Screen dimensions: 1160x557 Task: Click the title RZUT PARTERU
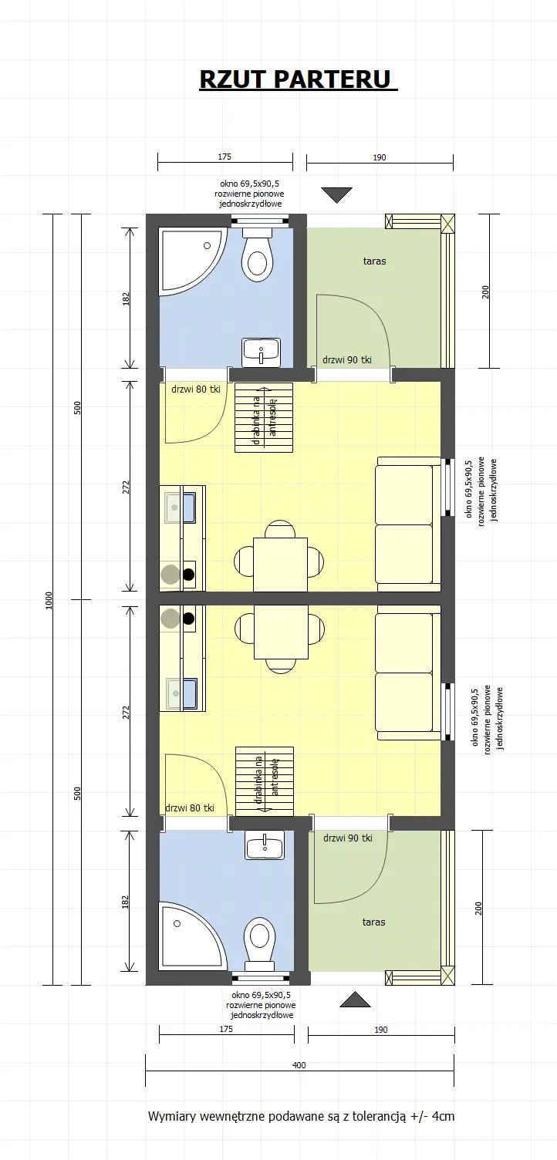(x=297, y=79)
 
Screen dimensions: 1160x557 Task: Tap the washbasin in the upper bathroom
(x=262, y=352)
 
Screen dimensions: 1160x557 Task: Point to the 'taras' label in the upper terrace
(x=374, y=261)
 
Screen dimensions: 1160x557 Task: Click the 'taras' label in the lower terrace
(x=373, y=922)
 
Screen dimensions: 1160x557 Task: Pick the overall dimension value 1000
(x=49, y=599)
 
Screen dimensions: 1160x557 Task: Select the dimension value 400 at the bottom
(x=299, y=1065)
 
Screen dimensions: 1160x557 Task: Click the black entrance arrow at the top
(x=336, y=195)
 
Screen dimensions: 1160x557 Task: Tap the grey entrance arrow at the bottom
(x=356, y=1000)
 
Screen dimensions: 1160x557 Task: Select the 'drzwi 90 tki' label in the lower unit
(x=348, y=838)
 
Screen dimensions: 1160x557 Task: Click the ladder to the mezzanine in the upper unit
(x=263, y=418)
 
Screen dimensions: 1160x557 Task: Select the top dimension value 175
(x=224, y=157)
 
